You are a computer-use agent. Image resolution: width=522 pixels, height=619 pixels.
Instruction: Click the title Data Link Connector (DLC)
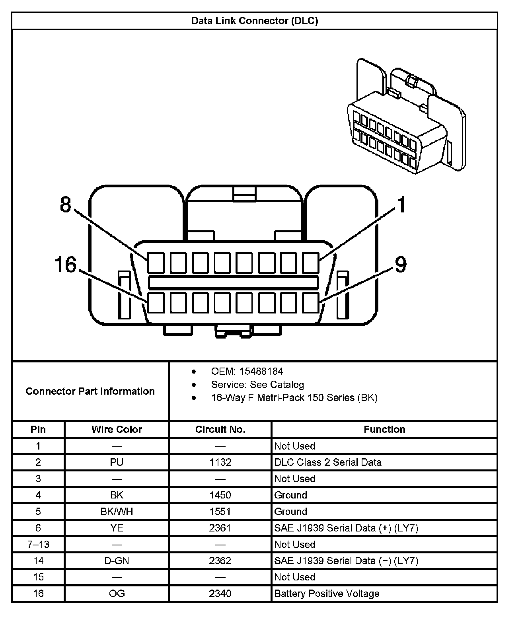click(255, 21)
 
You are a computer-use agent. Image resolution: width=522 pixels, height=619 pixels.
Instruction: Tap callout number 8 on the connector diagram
click(66, 204)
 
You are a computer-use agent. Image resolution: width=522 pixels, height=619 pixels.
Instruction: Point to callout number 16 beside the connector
click(66, 265)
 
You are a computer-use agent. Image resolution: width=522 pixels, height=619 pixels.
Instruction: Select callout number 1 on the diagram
click(401, 205)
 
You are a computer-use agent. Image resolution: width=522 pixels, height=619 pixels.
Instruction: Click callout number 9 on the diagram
click(400, 264)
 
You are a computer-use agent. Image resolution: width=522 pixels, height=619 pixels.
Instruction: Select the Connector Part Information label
click(90, 391)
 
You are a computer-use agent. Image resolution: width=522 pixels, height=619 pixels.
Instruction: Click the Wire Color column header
click(117, 429)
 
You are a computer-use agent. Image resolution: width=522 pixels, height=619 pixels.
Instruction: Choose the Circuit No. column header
click(220, 429)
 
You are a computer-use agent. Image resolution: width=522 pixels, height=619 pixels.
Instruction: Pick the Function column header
click(384, 429)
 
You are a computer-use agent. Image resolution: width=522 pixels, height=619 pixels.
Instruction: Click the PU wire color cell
click(117, 462)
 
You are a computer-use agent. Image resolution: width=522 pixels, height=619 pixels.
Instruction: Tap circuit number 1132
click(220, 462)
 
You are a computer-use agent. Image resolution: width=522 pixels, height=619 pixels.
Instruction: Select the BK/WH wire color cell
click(117, 512)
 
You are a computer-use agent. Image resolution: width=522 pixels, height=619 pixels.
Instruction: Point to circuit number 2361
click(220, 528)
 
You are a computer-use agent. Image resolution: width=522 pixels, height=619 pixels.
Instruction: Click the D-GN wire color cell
click(117, 561)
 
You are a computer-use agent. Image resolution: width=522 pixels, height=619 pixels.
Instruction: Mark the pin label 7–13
click(38, 544)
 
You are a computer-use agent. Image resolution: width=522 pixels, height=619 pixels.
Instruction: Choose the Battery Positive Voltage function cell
click(327, 594)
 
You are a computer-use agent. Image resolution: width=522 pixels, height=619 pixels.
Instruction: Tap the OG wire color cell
click(117, 594)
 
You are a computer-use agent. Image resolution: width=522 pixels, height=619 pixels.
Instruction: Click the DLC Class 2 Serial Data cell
click(328, 462)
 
